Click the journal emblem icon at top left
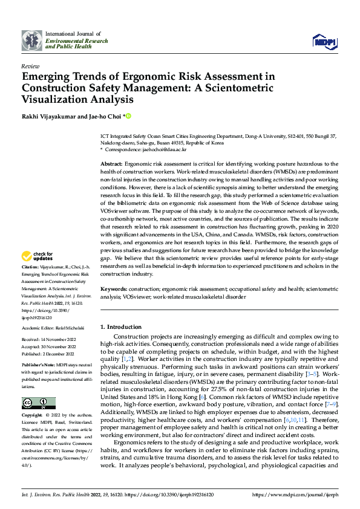click(31, 41)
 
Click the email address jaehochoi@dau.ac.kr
click(165, 149)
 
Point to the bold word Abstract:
click(111, 163)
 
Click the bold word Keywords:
click(114, 290)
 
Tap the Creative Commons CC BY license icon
click(38, 404)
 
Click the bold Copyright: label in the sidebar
click(33, 416)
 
